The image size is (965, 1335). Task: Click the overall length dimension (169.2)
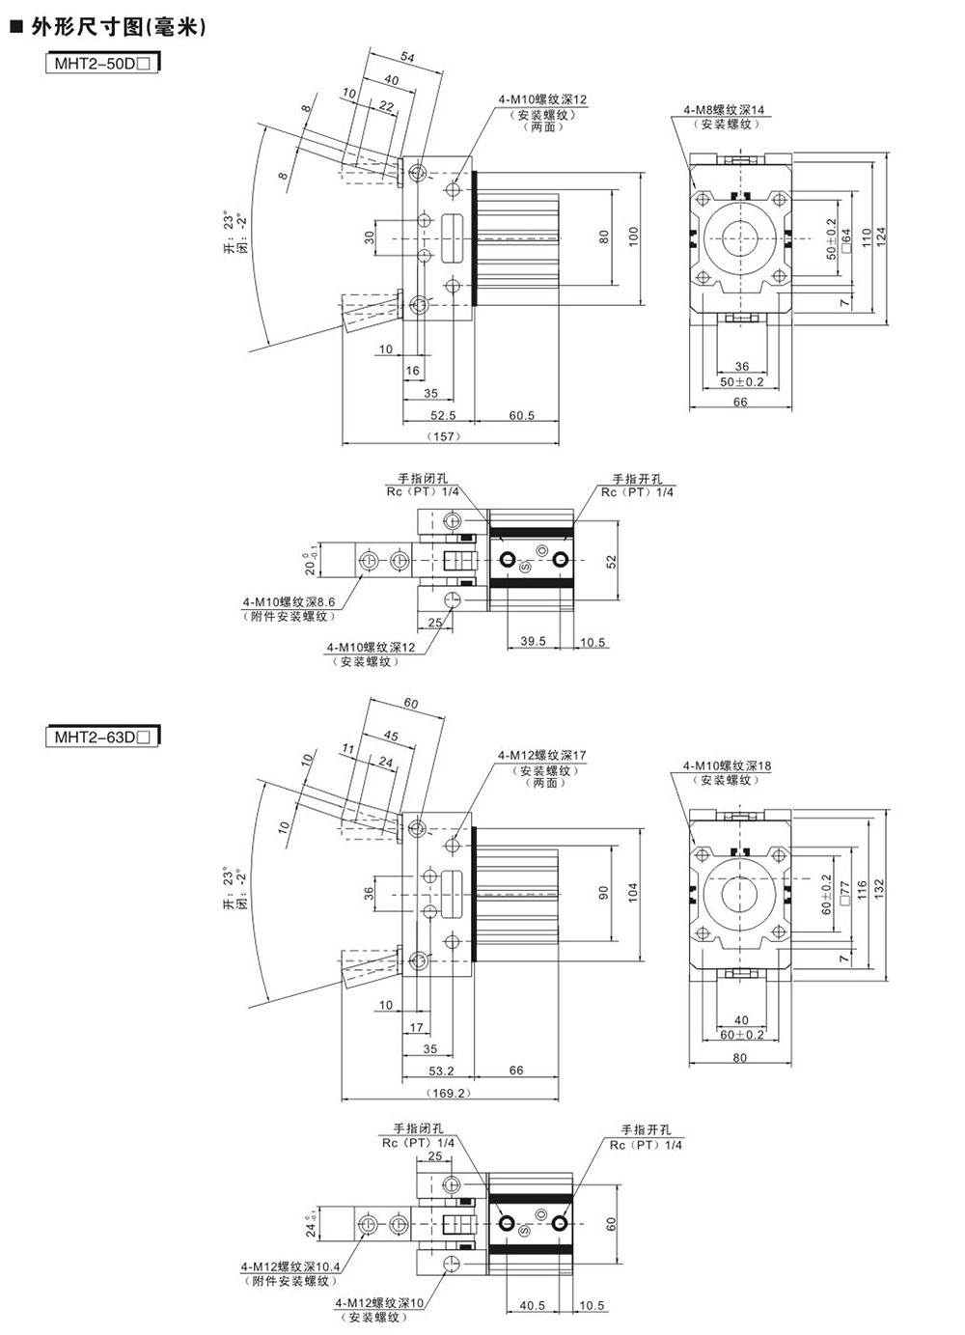coord(445,1093)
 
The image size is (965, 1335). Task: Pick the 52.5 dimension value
coord(443,416)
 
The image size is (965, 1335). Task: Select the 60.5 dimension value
coord(521,416)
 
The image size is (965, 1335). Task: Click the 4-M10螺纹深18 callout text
coord(728,766)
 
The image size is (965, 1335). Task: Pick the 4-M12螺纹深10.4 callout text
coord(290,1266)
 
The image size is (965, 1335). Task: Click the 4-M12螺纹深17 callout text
coord(542,756)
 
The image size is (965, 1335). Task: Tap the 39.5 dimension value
coord(533,641)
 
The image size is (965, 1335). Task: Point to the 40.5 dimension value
coord(533,1305)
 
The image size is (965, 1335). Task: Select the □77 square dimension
coord(846,890)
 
